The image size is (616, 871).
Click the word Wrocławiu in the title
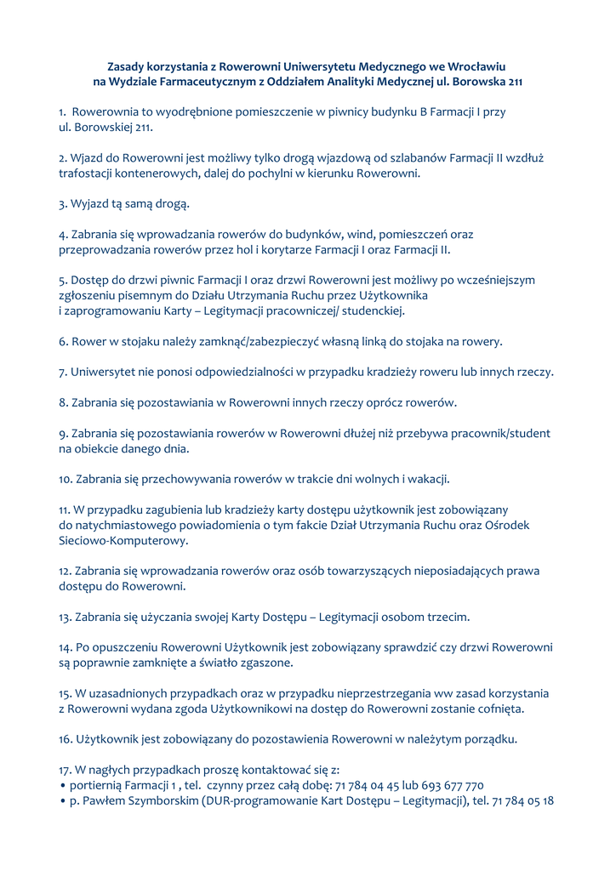click(x=476, y=65)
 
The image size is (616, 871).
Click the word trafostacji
click(x=89, y=173)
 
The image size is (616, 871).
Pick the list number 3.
click(x=62, y=203)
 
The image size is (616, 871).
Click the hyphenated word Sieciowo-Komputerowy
click(x=123, y=540)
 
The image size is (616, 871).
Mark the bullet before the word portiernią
click(x=63, y=785)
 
